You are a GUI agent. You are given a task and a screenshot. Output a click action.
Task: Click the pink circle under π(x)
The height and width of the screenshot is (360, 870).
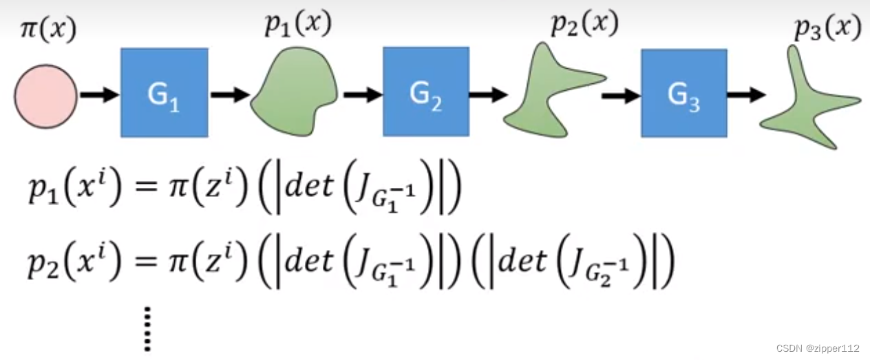(46, 97)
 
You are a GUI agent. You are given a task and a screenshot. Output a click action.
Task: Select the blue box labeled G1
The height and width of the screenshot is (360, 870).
(164, 92)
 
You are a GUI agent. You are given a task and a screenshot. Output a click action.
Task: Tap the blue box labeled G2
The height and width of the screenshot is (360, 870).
(426, 91)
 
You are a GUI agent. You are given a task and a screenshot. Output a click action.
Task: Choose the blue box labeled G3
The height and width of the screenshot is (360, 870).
(683, 93)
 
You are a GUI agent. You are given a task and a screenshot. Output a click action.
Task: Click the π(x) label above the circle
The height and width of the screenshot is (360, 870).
(47, 30)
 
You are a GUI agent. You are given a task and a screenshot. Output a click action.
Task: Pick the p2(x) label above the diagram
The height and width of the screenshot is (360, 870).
(584, 25)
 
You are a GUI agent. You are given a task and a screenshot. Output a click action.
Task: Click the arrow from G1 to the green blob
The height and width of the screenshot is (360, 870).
(230, 95)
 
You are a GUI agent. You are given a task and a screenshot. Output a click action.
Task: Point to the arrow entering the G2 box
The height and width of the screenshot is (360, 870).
(362, 95)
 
